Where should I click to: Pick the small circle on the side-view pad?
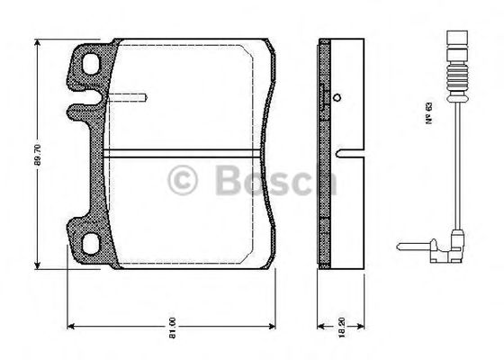click(337, 98)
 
